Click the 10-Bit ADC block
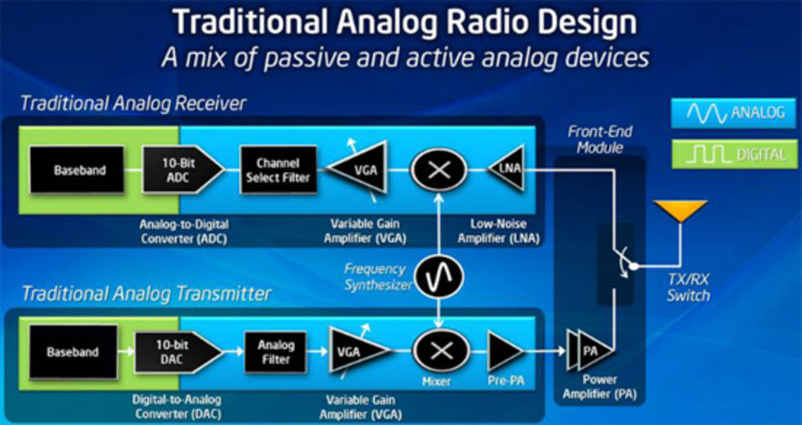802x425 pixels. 182,170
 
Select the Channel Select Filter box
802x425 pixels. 279,170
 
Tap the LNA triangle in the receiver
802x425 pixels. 506,168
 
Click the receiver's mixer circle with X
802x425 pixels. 439,170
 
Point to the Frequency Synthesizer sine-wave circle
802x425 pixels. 439,277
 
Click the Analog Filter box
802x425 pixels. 276,352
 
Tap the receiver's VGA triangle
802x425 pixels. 358,170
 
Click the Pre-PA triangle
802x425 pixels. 505,352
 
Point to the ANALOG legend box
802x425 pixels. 734,113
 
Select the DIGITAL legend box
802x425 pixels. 734,154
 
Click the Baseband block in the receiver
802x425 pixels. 77,170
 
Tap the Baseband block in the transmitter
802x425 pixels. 73,352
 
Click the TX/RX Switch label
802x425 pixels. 688,287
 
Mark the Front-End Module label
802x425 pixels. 599,139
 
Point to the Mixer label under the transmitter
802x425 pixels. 437,381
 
